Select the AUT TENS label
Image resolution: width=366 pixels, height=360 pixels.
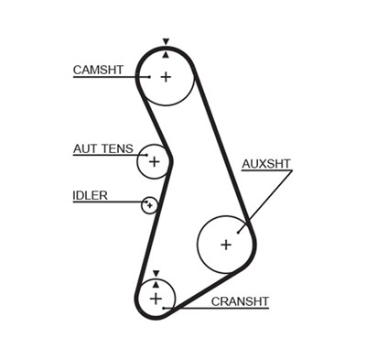click(102, 148)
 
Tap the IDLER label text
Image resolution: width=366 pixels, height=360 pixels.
click(91, 194)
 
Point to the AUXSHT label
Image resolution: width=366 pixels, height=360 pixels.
click(265, 164)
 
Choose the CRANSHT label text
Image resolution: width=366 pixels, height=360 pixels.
click(241, 300)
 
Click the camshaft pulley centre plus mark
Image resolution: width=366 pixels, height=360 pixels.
click(166, 76)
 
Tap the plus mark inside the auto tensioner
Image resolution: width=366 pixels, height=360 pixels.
click(154, 162)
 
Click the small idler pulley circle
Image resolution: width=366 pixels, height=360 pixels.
click(149, 205)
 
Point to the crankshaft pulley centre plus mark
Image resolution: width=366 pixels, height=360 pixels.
click(156, 299)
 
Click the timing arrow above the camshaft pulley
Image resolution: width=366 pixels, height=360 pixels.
click(166, 42)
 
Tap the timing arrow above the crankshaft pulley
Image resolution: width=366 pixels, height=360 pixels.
click(156, 272)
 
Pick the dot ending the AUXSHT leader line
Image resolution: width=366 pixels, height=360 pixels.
click(240, 231)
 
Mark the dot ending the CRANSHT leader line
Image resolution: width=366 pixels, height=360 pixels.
click(165, 309)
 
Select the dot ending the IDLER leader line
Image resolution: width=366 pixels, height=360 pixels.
click(145, 203)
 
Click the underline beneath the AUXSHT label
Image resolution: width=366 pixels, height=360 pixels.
click(265, 173)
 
